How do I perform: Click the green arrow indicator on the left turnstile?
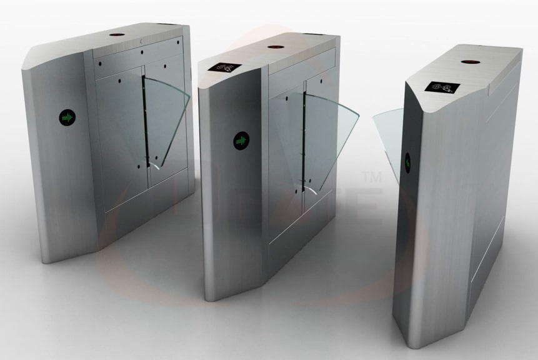point(67,117)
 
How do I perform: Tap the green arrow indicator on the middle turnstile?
point(241,141)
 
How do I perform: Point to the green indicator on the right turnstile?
point(409,162)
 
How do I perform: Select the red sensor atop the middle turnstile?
point(274,47)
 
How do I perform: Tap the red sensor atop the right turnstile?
point(467,62)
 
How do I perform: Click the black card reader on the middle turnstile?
point(224,67)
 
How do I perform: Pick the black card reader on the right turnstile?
point(443,88)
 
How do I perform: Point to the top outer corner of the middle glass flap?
point(357,117)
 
